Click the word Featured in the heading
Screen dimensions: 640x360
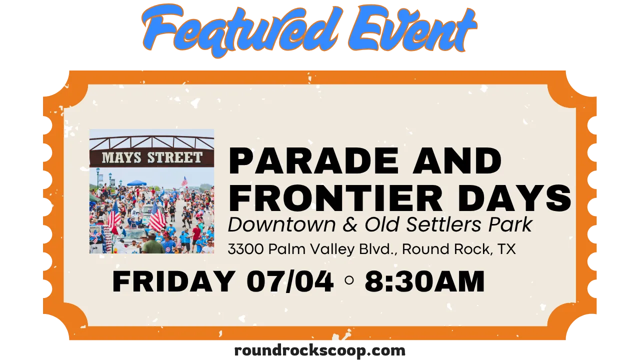tap(240, 30)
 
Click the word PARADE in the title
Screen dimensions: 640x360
tap(313, 161)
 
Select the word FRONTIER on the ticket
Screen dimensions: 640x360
tap(335, 198)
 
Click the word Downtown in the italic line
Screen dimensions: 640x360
tap(281, 224)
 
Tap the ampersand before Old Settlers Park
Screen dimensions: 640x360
tap(350, 224)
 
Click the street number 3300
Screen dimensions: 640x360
tap(245, 249)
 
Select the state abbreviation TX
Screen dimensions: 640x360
tap(506, 249)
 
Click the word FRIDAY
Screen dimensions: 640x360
tap(173, 281)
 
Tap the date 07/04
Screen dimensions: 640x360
tap(290, 281)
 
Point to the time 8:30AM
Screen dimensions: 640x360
tap(424, 281)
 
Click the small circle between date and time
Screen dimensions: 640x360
tap(349, 280)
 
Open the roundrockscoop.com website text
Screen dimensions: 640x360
tap(319, 351)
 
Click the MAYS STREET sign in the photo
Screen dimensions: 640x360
tap(151, 157)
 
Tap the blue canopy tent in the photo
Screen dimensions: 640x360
tap(136, 183)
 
